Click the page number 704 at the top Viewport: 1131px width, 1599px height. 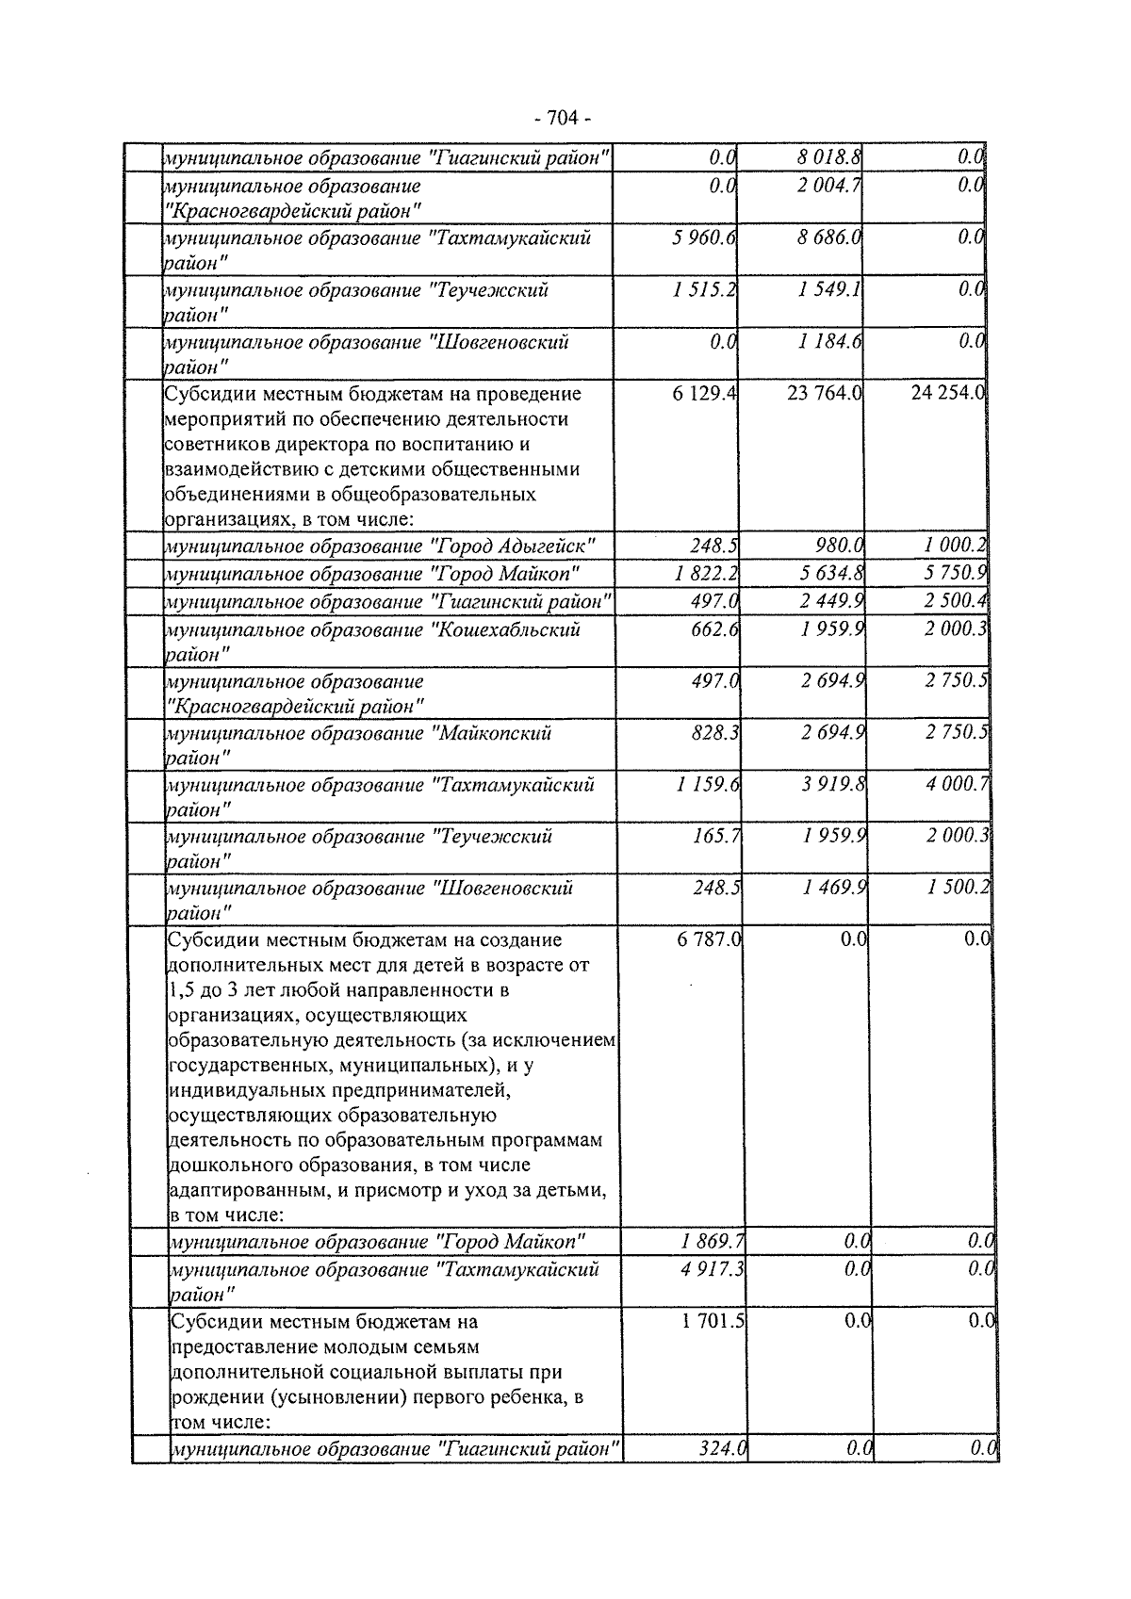coord(563,118)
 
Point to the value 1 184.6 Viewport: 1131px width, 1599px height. coord(829,341)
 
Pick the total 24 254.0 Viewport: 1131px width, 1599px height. coord(947,393)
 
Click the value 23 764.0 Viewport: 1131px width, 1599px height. coord(825,393)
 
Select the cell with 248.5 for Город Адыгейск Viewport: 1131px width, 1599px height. coord(713,546)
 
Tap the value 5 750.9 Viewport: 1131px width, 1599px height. coord(954,573)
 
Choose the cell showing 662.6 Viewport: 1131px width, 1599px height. coord(714,628)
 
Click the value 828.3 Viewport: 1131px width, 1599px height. coord(714,732)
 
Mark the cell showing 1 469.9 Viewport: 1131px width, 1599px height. coord(834,888)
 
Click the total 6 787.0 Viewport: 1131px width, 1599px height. coord(709,939)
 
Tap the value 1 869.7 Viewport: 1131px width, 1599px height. coord(713,1241)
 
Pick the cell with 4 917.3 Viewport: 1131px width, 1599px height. coord(713,1269)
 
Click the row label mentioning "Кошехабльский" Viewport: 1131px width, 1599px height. coord(372,640)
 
